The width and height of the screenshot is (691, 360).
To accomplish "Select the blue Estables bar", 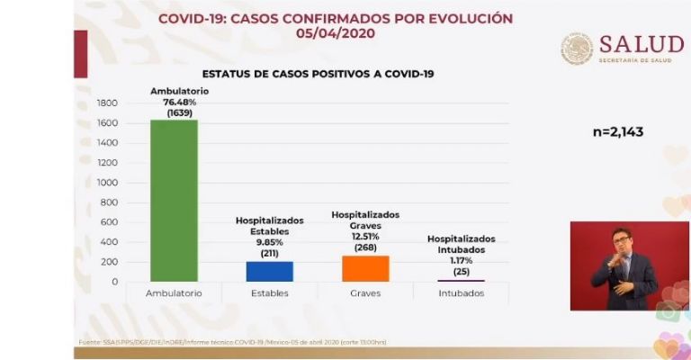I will coord(270,272).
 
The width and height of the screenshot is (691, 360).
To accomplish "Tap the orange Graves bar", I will coord(365,268).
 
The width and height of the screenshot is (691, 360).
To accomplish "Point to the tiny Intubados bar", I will coord(462,281).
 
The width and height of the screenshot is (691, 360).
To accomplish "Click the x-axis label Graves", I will coord(365,293).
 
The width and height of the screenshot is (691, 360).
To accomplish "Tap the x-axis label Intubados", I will coord(462,293).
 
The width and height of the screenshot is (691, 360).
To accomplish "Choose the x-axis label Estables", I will coord(270,293).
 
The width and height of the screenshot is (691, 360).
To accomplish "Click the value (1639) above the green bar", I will coord(174,112).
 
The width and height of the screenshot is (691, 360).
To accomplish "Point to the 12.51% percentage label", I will coord(365,237).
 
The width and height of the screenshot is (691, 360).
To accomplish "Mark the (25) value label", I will coord(462,270).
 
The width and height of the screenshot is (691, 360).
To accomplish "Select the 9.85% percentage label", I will coord(270,241).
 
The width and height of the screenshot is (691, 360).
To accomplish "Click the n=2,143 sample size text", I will coord(618,132).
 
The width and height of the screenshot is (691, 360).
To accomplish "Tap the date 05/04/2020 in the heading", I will coord(336,33).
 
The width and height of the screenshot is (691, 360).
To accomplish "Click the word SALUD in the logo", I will coord(641,44).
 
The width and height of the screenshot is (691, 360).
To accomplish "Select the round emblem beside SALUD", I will coord(577,49).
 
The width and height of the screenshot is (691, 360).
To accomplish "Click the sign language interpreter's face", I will coord(621,241).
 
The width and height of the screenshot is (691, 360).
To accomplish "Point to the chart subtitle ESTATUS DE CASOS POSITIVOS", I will coord(318,74).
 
